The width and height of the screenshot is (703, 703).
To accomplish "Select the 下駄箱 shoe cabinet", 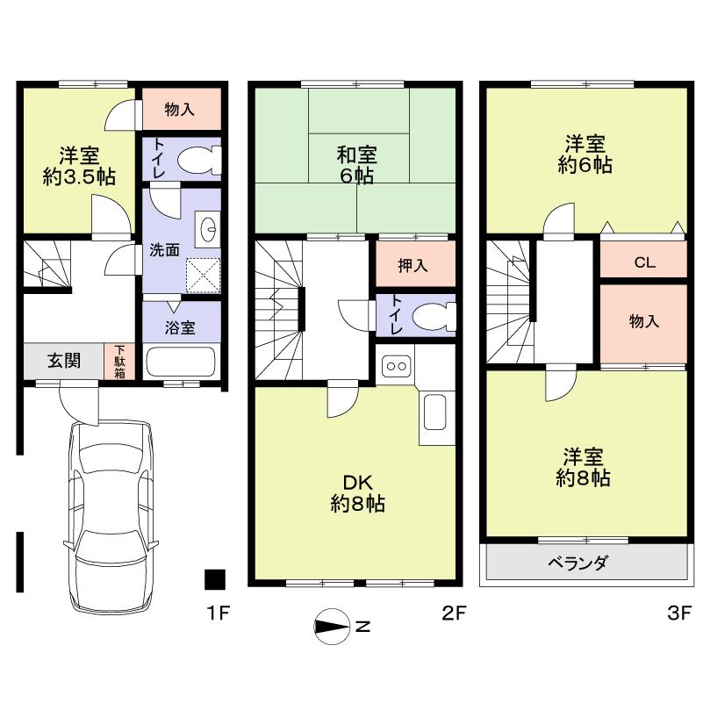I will pyautogui.click(x=118, y=361).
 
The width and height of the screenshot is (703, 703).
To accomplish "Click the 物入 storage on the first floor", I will pyautogui.click(x=180, y=110).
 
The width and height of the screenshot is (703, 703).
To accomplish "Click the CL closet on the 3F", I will pyautogui.click(x=642, y=262).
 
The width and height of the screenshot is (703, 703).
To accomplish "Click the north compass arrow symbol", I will pyautogui.click(x=333, y=626).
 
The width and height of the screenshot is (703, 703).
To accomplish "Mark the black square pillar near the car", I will pyautogui.click(x=214, y=579).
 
